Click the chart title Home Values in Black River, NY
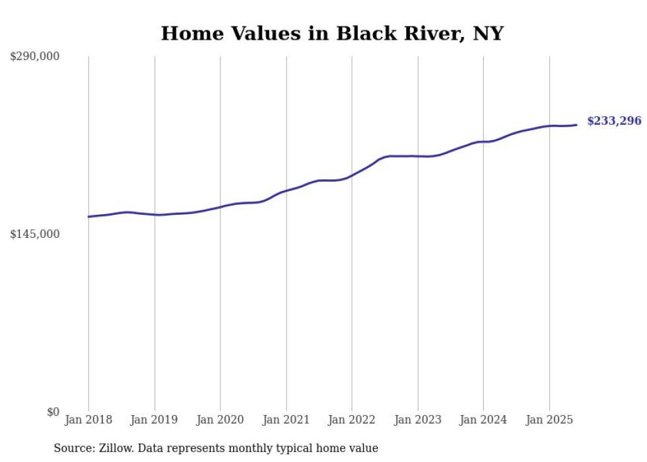(x=332, y=33)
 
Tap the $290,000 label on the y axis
(x=34, y=56)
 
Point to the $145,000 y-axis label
(x=34, y=234)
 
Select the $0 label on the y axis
(x=53, y=412)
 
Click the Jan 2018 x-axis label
(x=88, y=420)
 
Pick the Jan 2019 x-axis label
(x=154, y=420)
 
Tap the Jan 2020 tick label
(x=221, y=420)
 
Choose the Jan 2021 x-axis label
(x=286, y=420)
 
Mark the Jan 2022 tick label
(x=352, y=420)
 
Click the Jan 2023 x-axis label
(x=418, y=420)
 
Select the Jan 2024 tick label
(x=483, y=420)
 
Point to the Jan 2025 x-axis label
(x=549, y=420)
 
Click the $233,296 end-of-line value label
(x=614, y=121)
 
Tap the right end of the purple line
(x=577, y=125)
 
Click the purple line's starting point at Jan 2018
(x=88, y=217)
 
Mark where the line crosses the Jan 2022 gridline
(x=352, y=176)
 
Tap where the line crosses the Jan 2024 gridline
(x=483, y=141)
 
